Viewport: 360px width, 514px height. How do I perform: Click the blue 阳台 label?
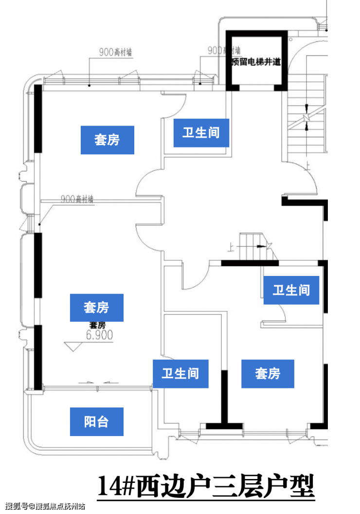pyautogui.click(x=96, y=422)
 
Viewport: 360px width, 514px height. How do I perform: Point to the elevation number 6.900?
pyautogui.click(x=99, y=335)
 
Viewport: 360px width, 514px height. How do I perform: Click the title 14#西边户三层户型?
pyautogui.click(x=206, y=486)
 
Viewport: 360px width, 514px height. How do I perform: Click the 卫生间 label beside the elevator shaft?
pyautogui.click(x=201, y=132)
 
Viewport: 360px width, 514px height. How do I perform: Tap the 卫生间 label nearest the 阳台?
pyautogui.click(x=180, y=374)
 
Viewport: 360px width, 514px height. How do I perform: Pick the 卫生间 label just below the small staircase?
pyautogui.click(x=291, y=290)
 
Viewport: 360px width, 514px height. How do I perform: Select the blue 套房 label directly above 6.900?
pyautogui.click(x=96, y=308)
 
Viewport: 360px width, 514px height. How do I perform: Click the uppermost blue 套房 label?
pyautogui.click(x=107, y=140)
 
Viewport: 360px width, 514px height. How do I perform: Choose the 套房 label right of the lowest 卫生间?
pyautogui.click(x=268, y=374)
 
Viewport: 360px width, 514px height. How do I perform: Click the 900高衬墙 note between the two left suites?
pyautogui.click(x=77, y=199)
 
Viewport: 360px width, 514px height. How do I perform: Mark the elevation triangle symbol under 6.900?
pyautogui.click(x=74, y=347)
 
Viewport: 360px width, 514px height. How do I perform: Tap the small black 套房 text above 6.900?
pyautogui.click(x=97, y=325)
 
